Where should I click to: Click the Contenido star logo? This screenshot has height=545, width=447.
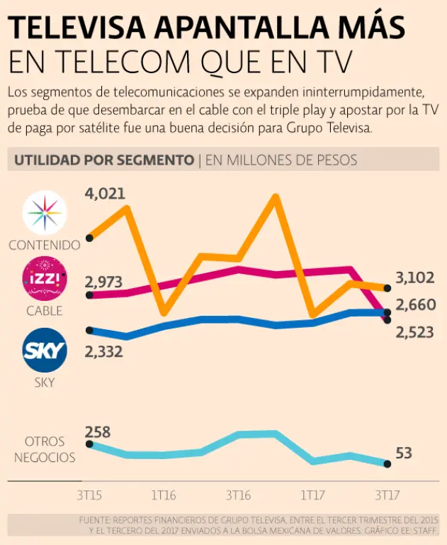coord(45,214)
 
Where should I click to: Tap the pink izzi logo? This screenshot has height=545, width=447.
coord(45,279)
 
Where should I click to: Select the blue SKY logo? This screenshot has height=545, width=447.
coord(45,350)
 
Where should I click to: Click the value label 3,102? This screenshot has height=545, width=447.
coord(414,277)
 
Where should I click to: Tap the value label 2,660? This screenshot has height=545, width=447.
coord(414,306)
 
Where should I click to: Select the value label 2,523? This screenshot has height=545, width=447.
coord(414,332)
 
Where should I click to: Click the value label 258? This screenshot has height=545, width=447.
coord(98,431)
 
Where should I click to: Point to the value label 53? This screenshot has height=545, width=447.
coord(404,453)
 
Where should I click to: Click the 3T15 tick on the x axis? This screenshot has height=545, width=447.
coord(90,495)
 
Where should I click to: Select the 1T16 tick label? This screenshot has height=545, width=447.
coord(164,495)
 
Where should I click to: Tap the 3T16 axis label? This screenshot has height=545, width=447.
coord(238,495)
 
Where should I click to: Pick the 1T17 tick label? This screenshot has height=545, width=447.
coord(312,495)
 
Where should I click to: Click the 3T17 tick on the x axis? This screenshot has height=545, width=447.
coord(387,495)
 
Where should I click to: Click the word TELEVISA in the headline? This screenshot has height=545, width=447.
coord(78,28)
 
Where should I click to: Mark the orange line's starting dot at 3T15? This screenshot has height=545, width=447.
coord(90,238)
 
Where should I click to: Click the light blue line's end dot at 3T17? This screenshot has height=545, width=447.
coord(387,464)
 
